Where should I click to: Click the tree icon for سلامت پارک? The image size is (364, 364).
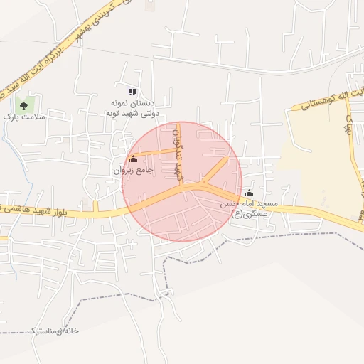(24, 106)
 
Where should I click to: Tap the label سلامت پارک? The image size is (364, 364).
(23, 117)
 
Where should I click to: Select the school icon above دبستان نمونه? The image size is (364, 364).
(132, 92)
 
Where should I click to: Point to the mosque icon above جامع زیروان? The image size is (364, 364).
(134, 160)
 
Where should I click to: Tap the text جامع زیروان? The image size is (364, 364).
(133, 171)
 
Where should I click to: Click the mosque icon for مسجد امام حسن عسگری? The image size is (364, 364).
(249, 193)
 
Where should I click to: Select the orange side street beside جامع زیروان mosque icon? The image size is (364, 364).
(153, 152)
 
